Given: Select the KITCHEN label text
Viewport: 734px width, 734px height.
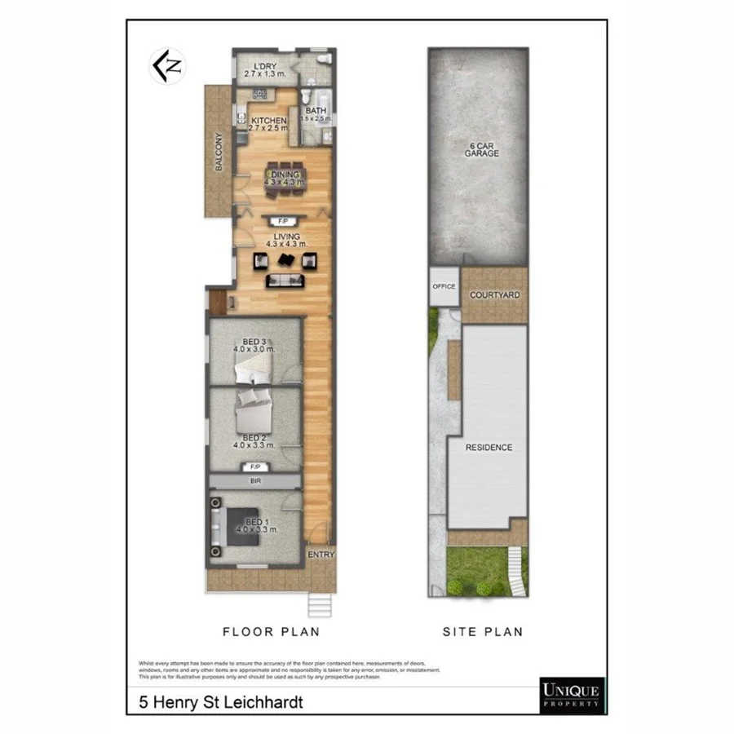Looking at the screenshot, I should [268, 121].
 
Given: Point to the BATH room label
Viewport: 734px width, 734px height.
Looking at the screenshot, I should [316, 111].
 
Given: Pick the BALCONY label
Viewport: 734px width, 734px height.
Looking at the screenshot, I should [219, 151].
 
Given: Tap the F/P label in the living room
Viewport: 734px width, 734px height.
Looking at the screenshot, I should [284, 221].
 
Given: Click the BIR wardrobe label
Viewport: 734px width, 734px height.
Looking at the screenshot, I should [254, 482].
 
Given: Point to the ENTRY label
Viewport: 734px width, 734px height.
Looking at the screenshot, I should [321, 555].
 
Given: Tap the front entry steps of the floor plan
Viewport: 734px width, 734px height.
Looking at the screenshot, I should [319, 606].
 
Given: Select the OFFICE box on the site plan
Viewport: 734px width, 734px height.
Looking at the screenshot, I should [444, 286].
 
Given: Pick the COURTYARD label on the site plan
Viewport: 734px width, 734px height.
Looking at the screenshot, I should [495, 294].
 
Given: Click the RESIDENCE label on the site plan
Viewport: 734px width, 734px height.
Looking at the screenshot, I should [489, 447].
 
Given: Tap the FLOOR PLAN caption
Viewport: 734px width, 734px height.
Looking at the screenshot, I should [271, 631].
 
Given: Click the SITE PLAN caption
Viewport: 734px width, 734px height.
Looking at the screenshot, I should [482, 631].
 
